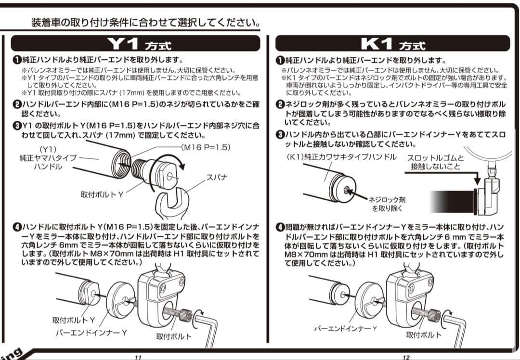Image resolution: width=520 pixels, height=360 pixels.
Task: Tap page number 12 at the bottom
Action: pyautogui.click(x=406, y=357)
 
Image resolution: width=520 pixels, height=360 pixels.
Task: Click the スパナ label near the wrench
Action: pyautogui.click(x=217, y=177)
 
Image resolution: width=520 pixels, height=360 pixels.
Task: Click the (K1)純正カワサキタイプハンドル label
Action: pyautogui.click(x=341, y=157)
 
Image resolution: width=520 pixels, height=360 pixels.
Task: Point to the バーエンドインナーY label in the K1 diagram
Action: pyautogui.click(x=345, y=328)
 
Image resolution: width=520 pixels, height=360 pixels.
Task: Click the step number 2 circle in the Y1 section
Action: pyautogui.click(x=16, y=104)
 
